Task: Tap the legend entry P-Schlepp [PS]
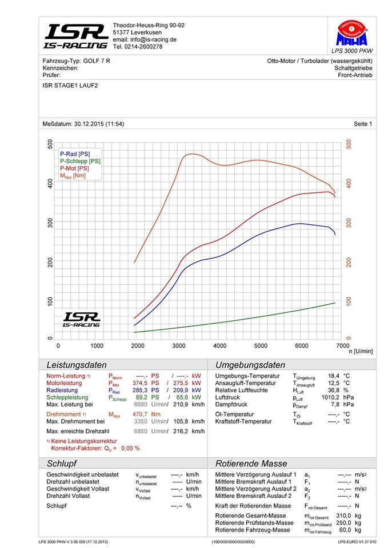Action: pos(80,162)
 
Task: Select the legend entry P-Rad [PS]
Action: pos(75,154)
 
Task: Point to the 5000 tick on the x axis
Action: pos(261,346)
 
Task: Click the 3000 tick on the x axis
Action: pos(179,346)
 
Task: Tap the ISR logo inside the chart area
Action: pos(81,320)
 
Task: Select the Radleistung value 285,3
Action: pos(138,390)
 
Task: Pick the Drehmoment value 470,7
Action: pos(138,414)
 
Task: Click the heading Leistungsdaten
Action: pos(76,365)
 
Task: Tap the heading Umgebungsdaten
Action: pos(250,365)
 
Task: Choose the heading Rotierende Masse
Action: pos(251,464)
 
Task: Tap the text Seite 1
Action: pos(363,124)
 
